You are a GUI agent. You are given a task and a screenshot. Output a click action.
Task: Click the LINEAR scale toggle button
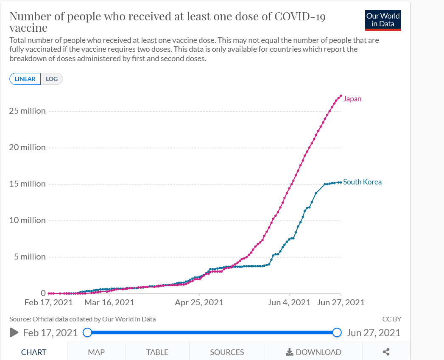click(x=25, y=79)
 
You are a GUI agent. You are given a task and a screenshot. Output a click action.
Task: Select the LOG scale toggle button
click(x=52, y=79)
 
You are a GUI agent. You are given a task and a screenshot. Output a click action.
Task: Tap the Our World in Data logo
click(x=383, y=20)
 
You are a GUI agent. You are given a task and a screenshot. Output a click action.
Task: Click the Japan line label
click(x=352, y=99)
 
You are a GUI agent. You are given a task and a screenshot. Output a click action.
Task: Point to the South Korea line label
click(x=362, y=182)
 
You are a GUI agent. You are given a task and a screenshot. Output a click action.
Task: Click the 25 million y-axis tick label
click(x=27, y=111)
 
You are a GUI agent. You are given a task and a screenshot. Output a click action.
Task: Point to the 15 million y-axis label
click(x=27, y=184)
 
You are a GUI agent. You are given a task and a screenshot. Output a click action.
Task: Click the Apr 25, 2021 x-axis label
click(x=199, y=303)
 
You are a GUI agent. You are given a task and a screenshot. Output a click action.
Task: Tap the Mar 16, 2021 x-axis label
click(x=109, y=303)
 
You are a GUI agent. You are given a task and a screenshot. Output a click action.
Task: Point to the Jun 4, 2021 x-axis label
click(x=289, y=303)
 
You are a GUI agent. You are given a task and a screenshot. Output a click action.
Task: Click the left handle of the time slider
click(x=87, y=332)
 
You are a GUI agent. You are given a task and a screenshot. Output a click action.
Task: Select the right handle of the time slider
click(x=337, y=332)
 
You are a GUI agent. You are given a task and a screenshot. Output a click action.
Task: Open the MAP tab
click(x=96, y=352)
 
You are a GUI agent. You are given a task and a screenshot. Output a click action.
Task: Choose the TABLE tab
click(x=157, y=352)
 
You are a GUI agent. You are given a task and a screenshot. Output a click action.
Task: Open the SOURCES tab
click(x=227, y=352)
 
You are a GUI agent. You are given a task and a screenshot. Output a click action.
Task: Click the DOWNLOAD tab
click(x=314, y=352)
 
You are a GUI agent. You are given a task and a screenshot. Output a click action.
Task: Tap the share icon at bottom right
click(x=386, y=352)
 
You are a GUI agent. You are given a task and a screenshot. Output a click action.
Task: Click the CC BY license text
click(x=391, y=319)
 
